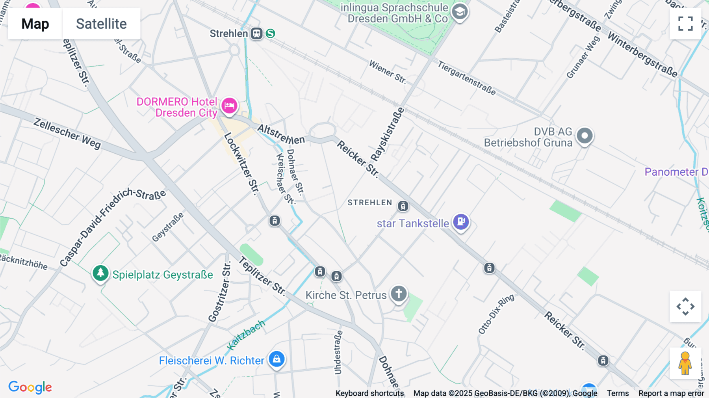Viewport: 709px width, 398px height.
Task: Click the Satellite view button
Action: (101, 24)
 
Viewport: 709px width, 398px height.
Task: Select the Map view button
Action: (35, 24)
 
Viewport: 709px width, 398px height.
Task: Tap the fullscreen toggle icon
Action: (685, 24)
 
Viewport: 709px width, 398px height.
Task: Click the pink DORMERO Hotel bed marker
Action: (229, 106)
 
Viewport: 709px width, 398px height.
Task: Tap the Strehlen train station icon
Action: (257, 33)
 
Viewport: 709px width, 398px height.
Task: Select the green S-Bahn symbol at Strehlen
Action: (270, 33)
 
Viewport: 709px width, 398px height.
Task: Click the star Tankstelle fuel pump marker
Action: (461, 221)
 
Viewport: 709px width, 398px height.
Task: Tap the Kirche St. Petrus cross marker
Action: (399, 294)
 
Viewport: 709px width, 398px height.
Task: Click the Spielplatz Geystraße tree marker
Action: (100, 273)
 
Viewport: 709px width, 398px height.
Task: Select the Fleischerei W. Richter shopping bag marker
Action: (277, 359)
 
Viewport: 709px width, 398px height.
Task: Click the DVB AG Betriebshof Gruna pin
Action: (585, 136)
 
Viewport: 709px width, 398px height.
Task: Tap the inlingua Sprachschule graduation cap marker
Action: (460, 12)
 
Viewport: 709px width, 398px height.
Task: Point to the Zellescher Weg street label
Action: (67, 133)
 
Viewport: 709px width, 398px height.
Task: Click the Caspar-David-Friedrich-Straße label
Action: (112, 227)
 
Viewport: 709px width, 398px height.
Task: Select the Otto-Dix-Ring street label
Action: (496, 314)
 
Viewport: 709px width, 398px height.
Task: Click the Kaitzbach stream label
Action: (247, 335)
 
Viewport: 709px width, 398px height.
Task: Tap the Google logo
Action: (30, 387)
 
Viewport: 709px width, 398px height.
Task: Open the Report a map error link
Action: (671, 393)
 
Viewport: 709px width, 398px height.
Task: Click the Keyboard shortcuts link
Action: (369, 393)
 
